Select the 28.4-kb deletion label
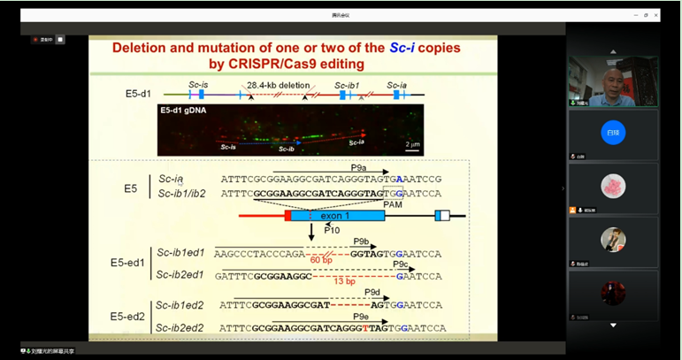pos(279,85)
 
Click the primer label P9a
pos(358,167)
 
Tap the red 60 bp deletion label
pos(321,260)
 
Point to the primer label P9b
pos(361,241)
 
